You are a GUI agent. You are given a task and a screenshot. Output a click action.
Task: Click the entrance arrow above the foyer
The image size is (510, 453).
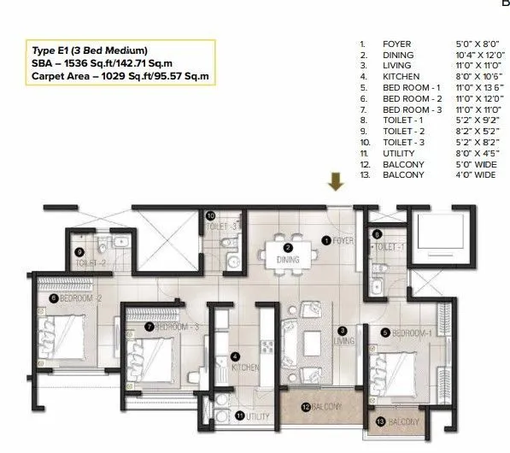336,180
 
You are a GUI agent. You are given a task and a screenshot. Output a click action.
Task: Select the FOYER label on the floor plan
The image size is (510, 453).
343,240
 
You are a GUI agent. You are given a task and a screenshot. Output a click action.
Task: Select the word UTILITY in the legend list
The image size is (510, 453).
397,153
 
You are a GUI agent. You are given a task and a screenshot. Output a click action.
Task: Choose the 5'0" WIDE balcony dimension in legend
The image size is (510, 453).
454,164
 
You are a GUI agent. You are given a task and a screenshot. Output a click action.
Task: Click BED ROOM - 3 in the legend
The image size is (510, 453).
412,109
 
